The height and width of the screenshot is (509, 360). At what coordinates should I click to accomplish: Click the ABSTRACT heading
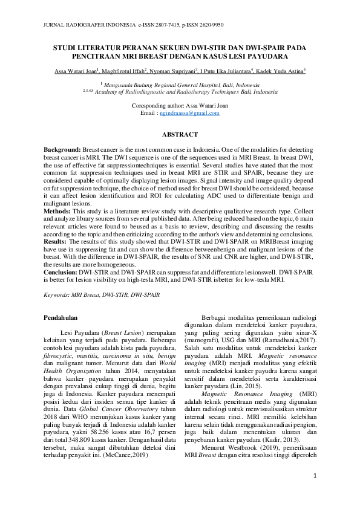click(x=180, y=134)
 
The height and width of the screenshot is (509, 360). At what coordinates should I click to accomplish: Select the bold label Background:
click(x=62, y=149)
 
